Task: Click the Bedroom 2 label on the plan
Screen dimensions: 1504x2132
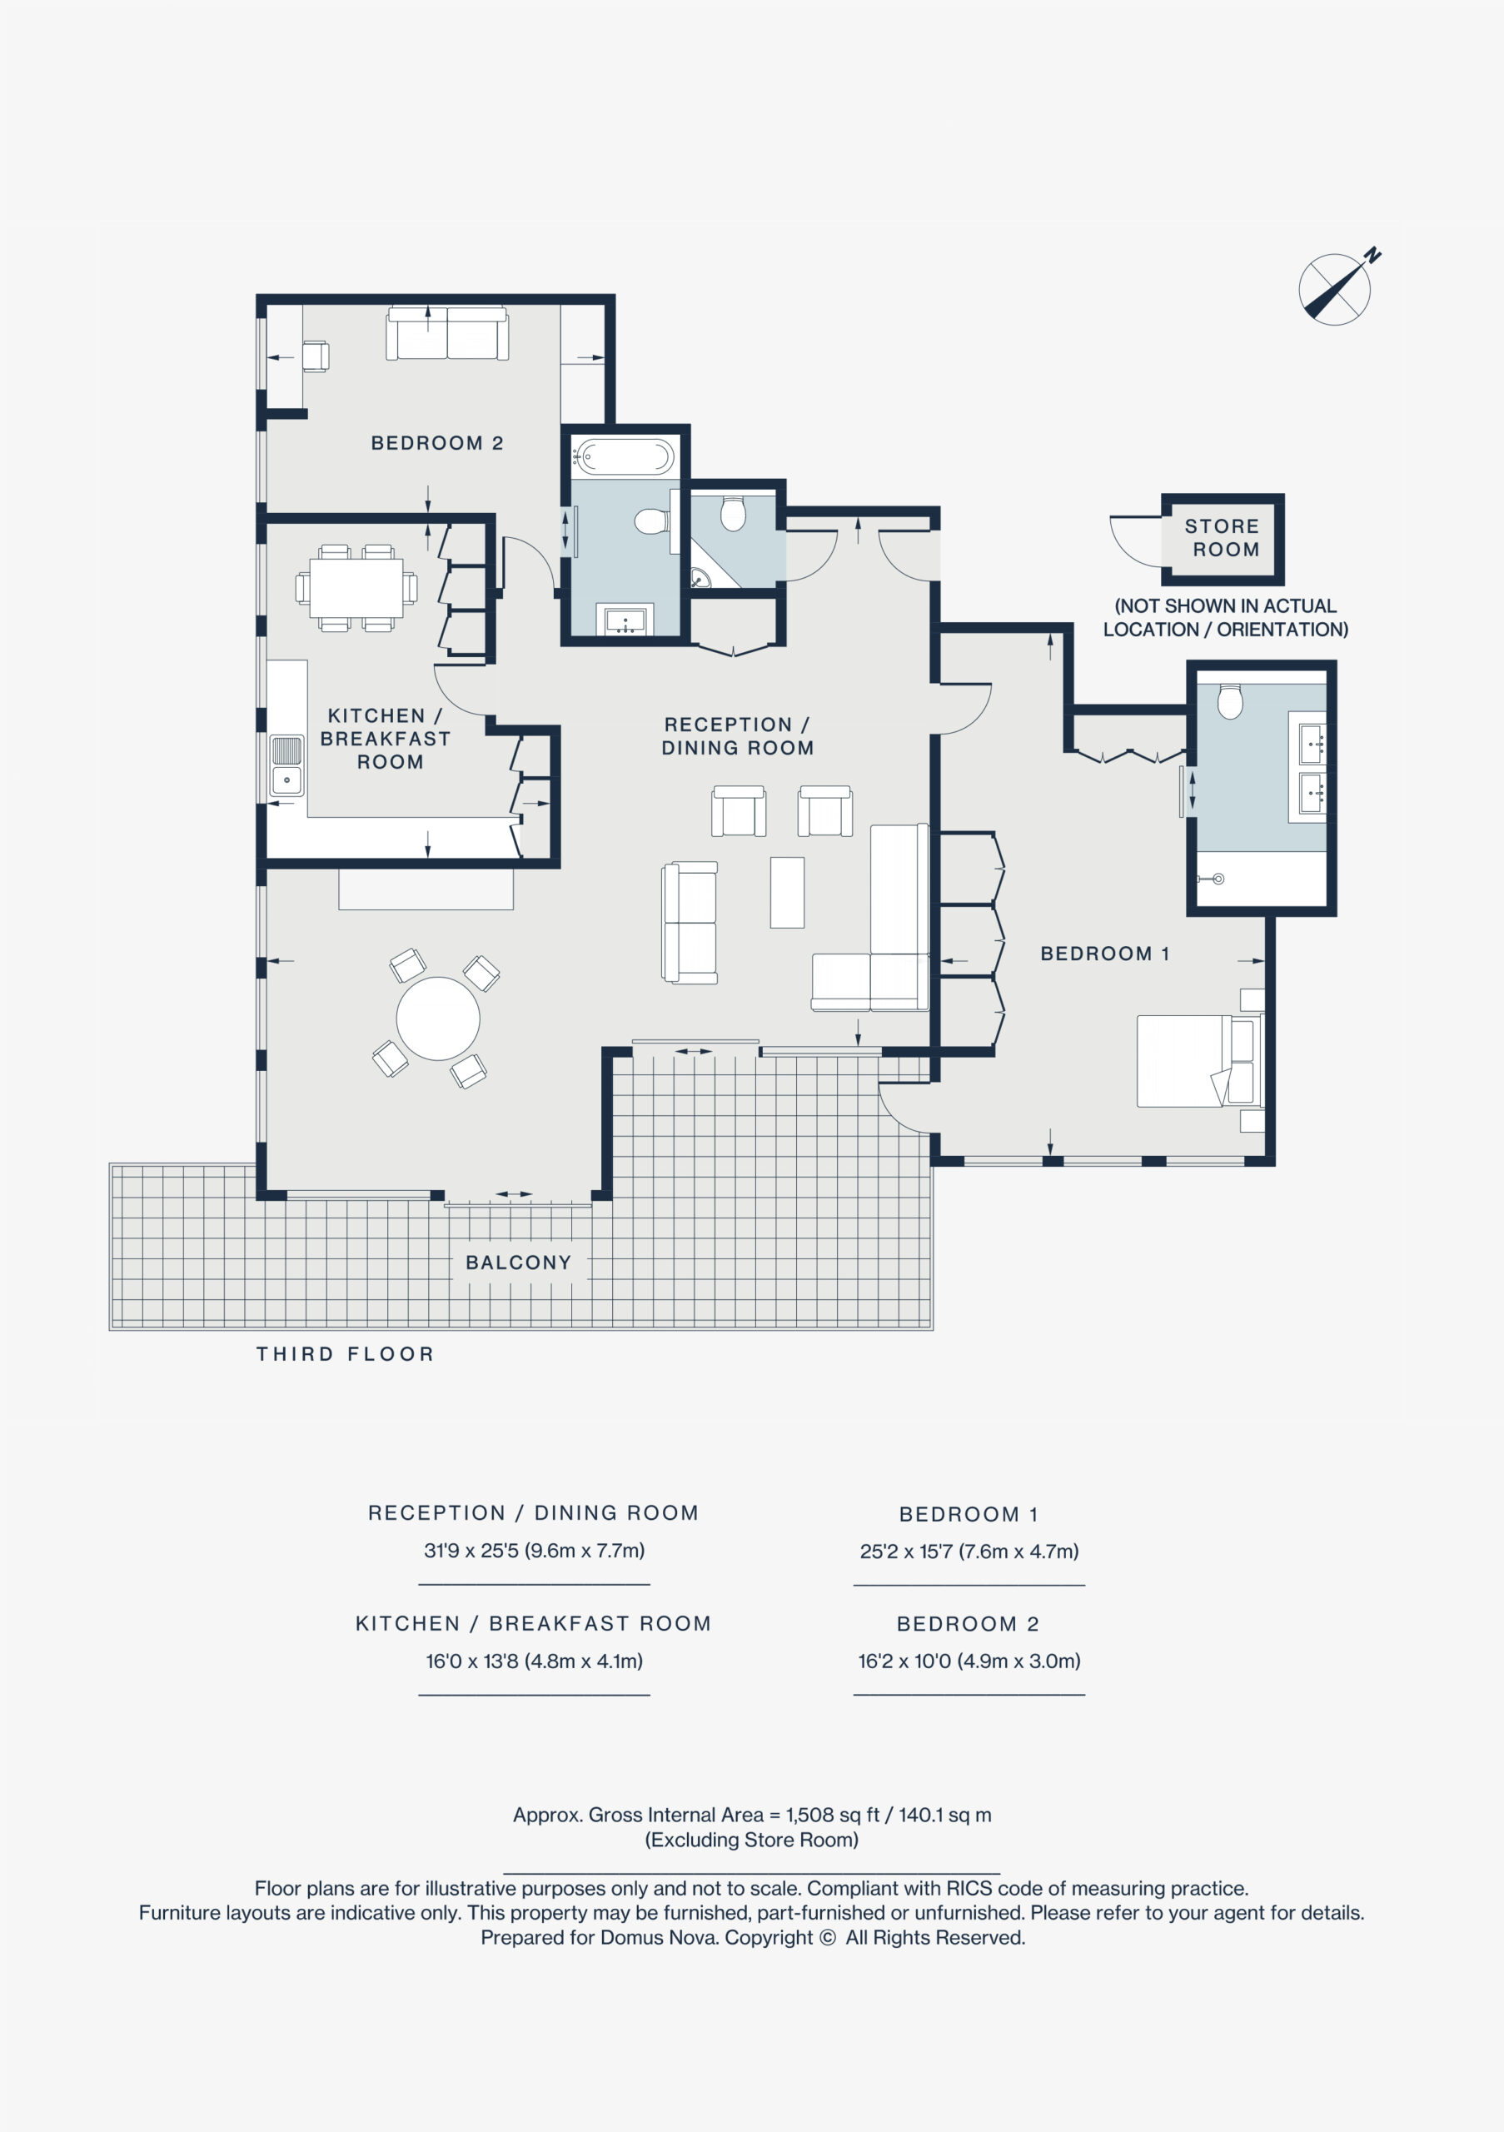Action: coord(436,443)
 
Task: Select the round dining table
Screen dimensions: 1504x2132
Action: coord(438,1018)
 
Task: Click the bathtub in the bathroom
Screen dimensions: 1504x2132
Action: coord(624,458)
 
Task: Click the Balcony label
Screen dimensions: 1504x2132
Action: coord(518,1262)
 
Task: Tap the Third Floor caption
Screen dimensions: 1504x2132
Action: coord(346,1354)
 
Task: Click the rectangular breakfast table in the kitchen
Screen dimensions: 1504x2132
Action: coord(356,588)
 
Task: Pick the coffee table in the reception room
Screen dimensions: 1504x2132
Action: coord(787,892)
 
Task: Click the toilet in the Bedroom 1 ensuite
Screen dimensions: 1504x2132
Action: coord(1230,702)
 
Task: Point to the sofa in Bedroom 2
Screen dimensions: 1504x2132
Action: coord(447,332)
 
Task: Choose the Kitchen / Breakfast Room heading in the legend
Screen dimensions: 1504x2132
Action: coord(534,1623)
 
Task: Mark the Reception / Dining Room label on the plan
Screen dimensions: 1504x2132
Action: coord(737,735)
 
